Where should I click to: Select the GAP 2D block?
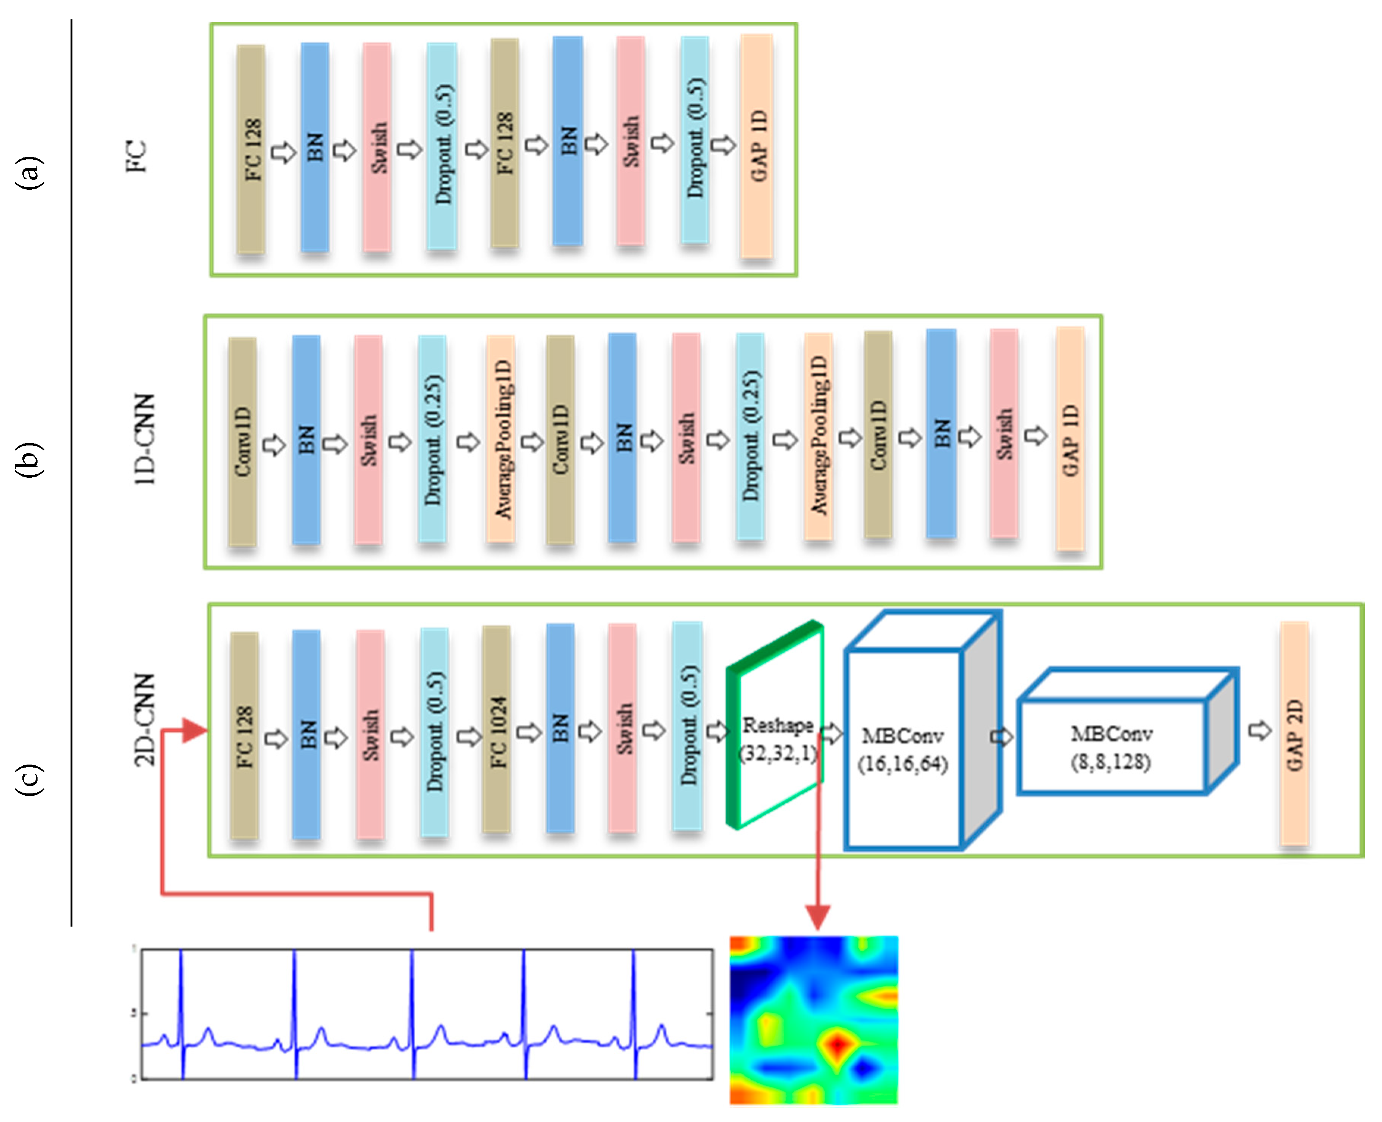click(1294, 733)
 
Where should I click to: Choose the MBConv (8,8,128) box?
click(1111, 748)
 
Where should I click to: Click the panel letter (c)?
click(30, 779)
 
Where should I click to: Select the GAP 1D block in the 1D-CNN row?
click(1070, 439)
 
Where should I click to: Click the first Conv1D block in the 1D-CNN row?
click(242, 441)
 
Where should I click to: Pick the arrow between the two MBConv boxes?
click(1002, 737)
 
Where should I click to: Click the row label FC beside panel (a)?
click(136, 156)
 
